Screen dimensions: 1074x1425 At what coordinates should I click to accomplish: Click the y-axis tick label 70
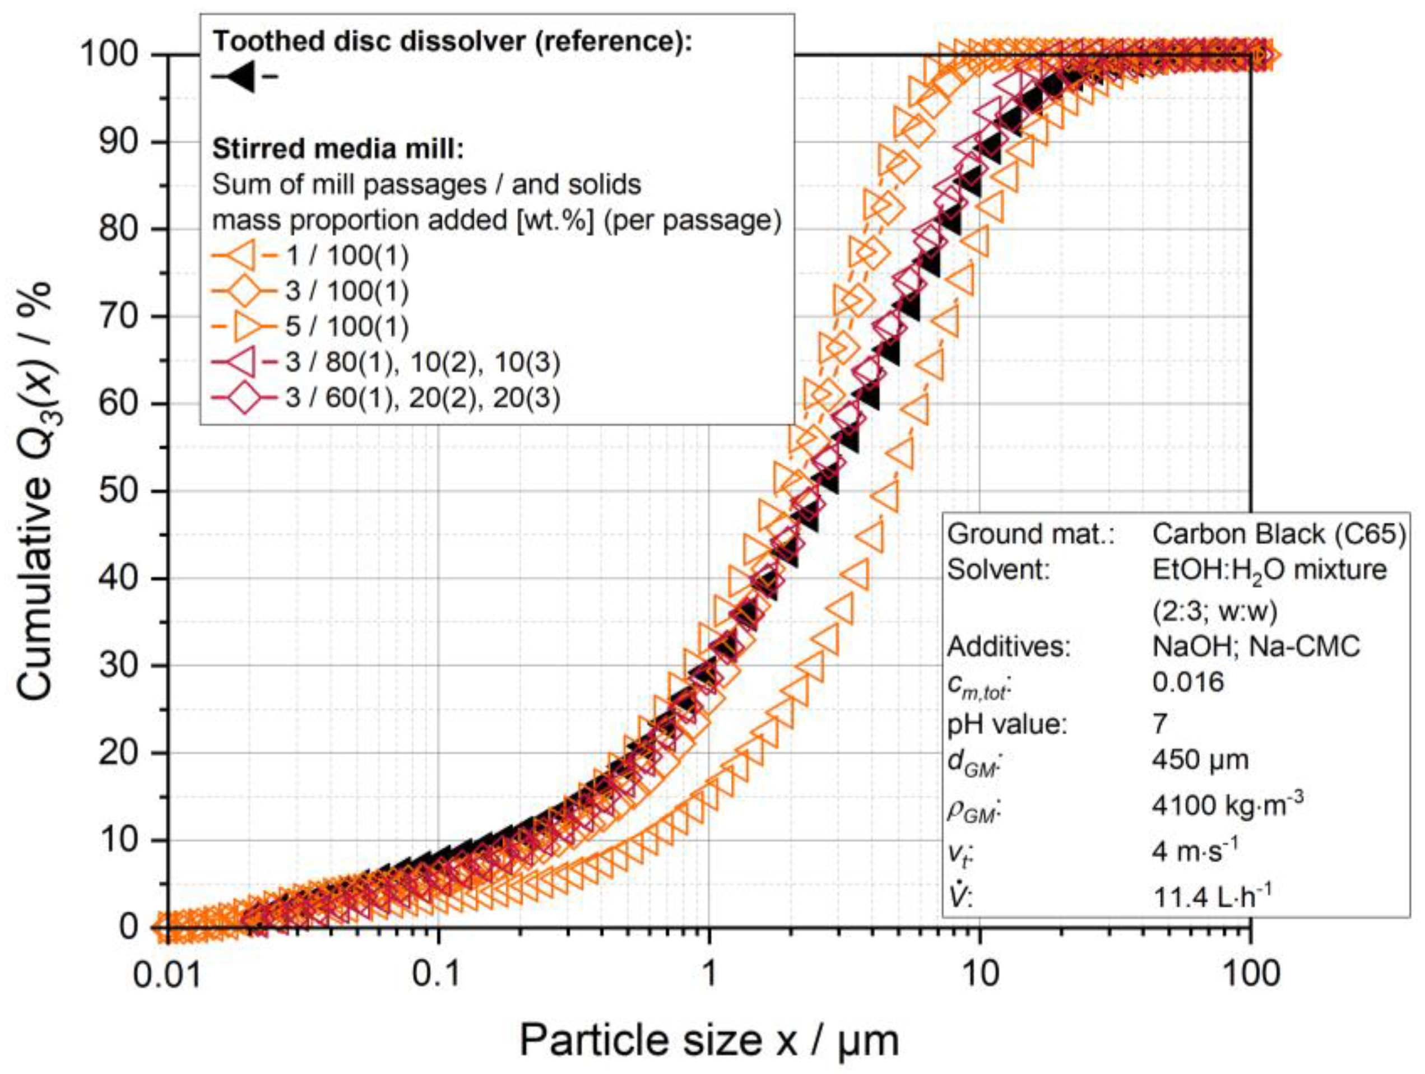(120, 317)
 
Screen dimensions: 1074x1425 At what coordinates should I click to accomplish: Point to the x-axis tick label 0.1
(438, 974)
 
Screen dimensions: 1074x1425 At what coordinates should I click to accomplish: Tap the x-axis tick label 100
(1250, 974)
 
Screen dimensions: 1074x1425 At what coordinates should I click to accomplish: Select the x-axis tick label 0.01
(168, 974)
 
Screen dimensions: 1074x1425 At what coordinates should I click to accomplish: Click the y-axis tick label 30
(120, 666)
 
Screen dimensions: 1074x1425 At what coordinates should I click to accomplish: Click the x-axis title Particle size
(709, 1040)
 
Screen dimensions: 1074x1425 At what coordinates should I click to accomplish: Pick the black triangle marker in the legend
(243, 77)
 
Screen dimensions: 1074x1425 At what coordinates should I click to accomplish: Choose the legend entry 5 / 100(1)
(347, 327)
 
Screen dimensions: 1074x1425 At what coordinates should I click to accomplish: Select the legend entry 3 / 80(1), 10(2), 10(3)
(423, 362)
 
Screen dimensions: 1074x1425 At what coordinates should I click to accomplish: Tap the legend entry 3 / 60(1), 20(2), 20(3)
(423, 398)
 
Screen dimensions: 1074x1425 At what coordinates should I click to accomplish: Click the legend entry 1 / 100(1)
(347, 256)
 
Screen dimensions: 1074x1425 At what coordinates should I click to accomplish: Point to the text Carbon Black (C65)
(1279, 534)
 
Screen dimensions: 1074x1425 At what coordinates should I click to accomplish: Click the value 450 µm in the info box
(1200, 760)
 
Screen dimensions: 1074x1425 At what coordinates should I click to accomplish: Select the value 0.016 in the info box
(1188, 682)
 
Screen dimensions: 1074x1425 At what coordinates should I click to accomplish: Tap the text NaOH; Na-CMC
(1256, 646)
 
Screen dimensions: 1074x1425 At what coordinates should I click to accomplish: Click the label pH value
(1007, 724)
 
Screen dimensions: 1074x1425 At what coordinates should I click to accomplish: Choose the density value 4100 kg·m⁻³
(1227, 805)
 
